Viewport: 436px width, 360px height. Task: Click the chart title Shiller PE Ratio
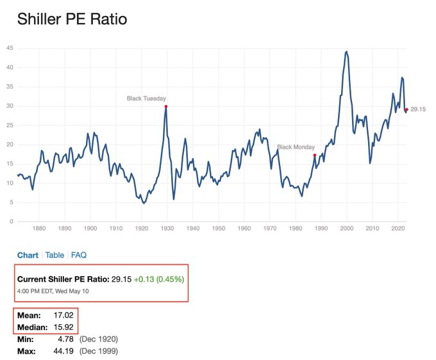(x=72, y=19)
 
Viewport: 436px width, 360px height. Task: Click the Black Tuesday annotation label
(x=146, y=99)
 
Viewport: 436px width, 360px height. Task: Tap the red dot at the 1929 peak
(x=166, y=106)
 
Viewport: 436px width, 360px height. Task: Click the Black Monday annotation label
(x=297, y=147)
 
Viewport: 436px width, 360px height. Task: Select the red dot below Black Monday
(x=314, y=155)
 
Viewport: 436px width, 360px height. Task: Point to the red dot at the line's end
(x=406, y=110)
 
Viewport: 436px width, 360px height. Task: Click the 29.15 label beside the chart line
(x=419, y=110)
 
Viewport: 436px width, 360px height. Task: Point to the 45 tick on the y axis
(x=10, y=48)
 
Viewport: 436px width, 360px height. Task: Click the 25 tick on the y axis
(x=10, y=126)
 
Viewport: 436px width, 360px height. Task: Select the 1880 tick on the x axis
(x=38, y=228)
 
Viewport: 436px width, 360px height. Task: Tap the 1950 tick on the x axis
(x=219, y=228)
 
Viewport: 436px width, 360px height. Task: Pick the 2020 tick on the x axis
(x=398, y=228)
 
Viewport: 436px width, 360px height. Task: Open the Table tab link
(x=55, y=255)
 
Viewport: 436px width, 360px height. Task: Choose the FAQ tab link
(x=79, y=255)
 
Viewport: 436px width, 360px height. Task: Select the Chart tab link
(x=28, y=255)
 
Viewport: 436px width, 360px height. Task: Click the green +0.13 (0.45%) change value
(x=160, y=280)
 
